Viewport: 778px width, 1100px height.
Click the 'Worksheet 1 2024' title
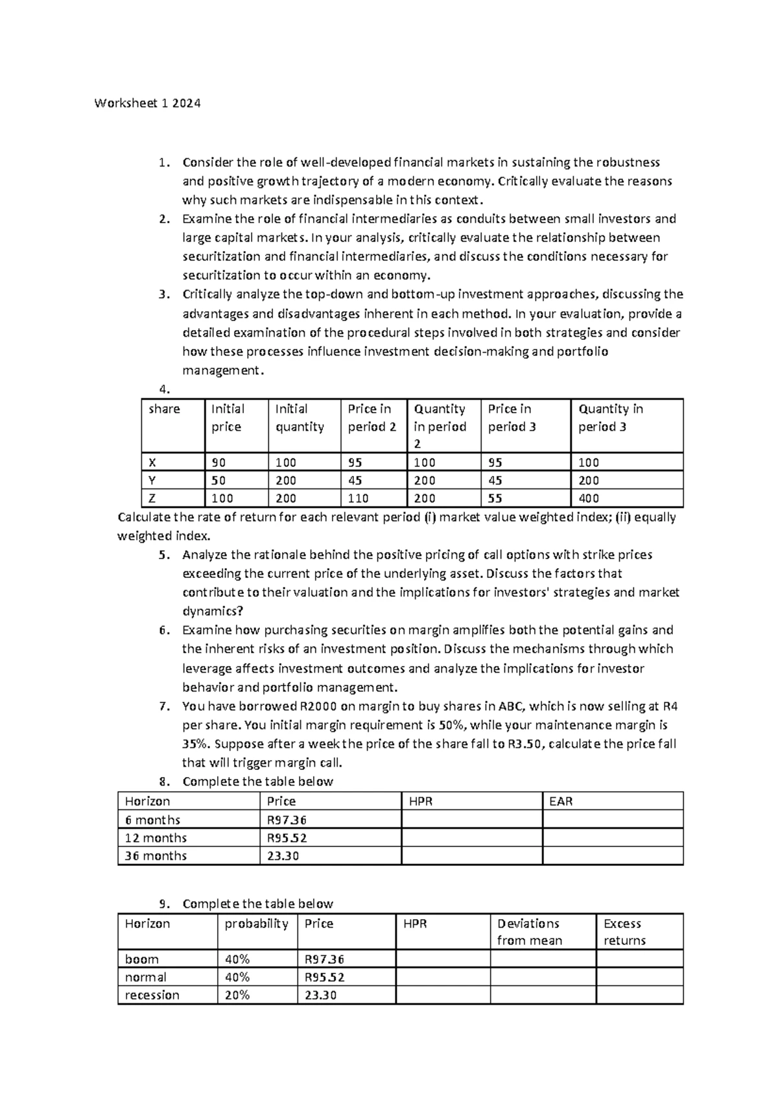pos(147,103)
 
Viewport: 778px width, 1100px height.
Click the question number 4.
pos(164,389)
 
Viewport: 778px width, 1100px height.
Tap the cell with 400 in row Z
pos(589,498)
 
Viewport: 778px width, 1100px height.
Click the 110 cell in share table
pos(358,498)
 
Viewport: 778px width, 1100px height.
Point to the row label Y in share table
pos(152,481)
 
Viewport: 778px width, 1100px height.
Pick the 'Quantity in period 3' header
pos(610,418)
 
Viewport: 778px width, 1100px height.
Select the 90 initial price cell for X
pos(219,462)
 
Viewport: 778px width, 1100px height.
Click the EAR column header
pos(561,801)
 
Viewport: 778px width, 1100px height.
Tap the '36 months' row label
pos(156,855)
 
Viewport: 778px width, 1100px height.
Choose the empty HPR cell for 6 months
pos(471,820)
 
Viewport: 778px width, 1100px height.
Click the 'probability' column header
pos(256,924)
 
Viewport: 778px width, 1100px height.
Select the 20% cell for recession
pos(237,995)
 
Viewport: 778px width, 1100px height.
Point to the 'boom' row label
pos(141,959)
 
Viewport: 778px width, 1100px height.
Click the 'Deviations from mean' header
pos(529,932)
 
